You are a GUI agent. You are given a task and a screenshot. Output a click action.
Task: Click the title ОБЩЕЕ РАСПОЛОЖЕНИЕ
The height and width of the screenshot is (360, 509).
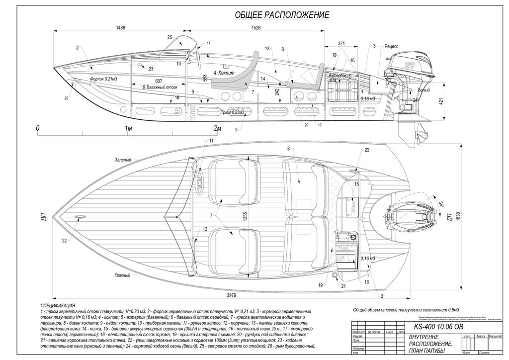click(282, 15)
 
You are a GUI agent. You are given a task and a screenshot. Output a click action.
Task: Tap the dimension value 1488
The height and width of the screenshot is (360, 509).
click(120, 28)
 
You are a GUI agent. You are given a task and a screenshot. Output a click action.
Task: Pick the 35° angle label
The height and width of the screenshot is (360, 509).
click(441, 204)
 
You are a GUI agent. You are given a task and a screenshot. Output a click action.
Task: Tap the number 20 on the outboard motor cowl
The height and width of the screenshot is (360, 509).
click(409, 65)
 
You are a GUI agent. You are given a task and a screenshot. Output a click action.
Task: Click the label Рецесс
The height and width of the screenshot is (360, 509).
click(392, 46)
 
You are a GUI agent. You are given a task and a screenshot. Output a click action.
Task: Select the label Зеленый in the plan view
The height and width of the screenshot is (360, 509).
click(122, 160)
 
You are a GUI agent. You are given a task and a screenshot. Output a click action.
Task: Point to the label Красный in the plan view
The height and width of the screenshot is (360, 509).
click(122, 275)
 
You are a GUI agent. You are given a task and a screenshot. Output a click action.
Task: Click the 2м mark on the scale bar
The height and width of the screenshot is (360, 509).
click(217, 128)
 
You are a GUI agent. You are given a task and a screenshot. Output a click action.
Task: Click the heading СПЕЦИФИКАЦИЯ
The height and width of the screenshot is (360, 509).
click(58, 305)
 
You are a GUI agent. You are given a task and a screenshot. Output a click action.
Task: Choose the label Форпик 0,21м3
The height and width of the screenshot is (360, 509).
click(103, 79)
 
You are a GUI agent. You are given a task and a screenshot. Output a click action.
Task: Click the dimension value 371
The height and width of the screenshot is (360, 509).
click(341, 44)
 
